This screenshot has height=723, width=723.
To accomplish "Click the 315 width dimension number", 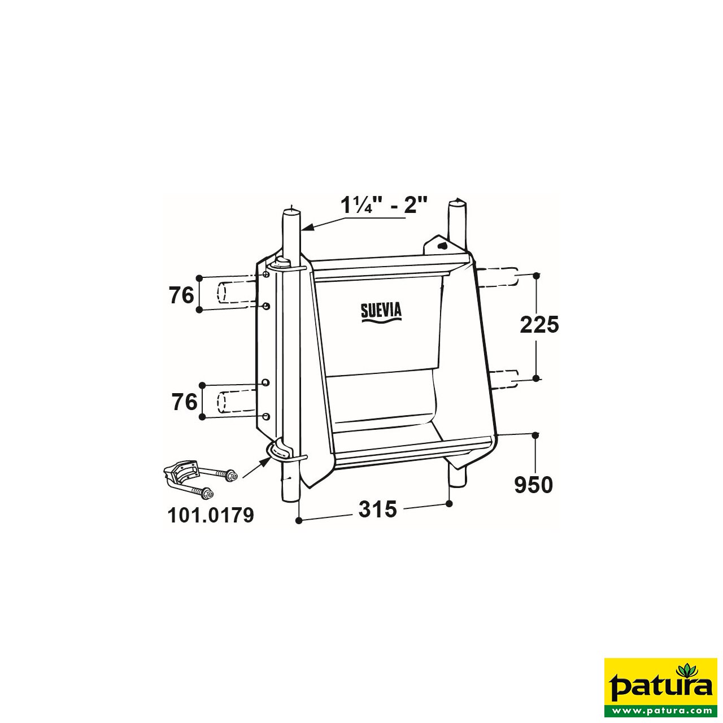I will pos(377,509).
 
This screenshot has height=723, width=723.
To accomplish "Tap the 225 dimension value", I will pos(539,325).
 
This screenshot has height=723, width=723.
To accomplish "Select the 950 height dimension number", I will pos(533,485).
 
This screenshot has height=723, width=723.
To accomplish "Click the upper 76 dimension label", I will pos(181,295).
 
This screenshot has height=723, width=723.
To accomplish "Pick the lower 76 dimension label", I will pos(184,402).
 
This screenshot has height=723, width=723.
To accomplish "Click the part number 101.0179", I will pos(211,515).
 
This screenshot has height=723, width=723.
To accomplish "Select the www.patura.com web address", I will pos(660,710).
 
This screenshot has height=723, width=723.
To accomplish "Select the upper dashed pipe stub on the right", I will pos(498,276).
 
